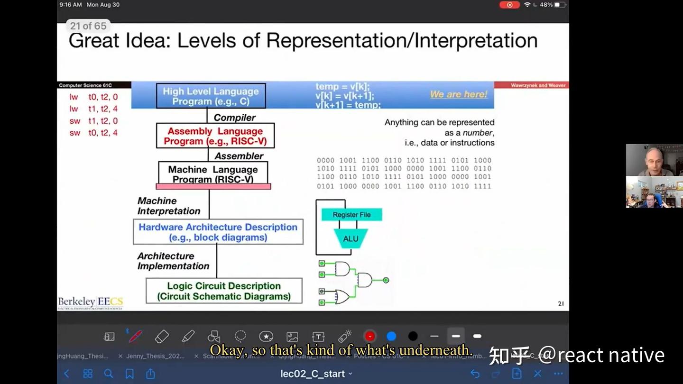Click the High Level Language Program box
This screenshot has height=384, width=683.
coord(211,96)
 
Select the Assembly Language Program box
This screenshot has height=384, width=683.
coord(215,136)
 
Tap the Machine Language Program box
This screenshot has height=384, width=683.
coord(213,174)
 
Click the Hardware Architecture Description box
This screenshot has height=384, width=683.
coord(218,232)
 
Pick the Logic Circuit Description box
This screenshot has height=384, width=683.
coord(224,291)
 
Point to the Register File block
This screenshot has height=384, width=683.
coord(351,215)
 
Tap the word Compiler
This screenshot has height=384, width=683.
coord(234,118)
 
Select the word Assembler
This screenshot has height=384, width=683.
coord(239,156)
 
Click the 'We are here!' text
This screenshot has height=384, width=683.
coord(458,94)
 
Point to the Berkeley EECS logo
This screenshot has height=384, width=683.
coord(90,302)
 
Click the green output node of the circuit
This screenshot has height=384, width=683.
coord(386,280)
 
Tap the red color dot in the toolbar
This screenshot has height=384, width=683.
coord(369,336)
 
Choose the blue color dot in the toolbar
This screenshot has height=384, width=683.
coord(391,336)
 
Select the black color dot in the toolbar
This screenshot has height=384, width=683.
coord(413,336)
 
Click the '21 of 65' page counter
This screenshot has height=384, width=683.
coord(88,26)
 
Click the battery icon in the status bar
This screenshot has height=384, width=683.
coord(560,5)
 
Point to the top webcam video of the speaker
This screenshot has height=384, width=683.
coord(654,160)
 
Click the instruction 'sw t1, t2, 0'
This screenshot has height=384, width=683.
coord(93,121)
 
